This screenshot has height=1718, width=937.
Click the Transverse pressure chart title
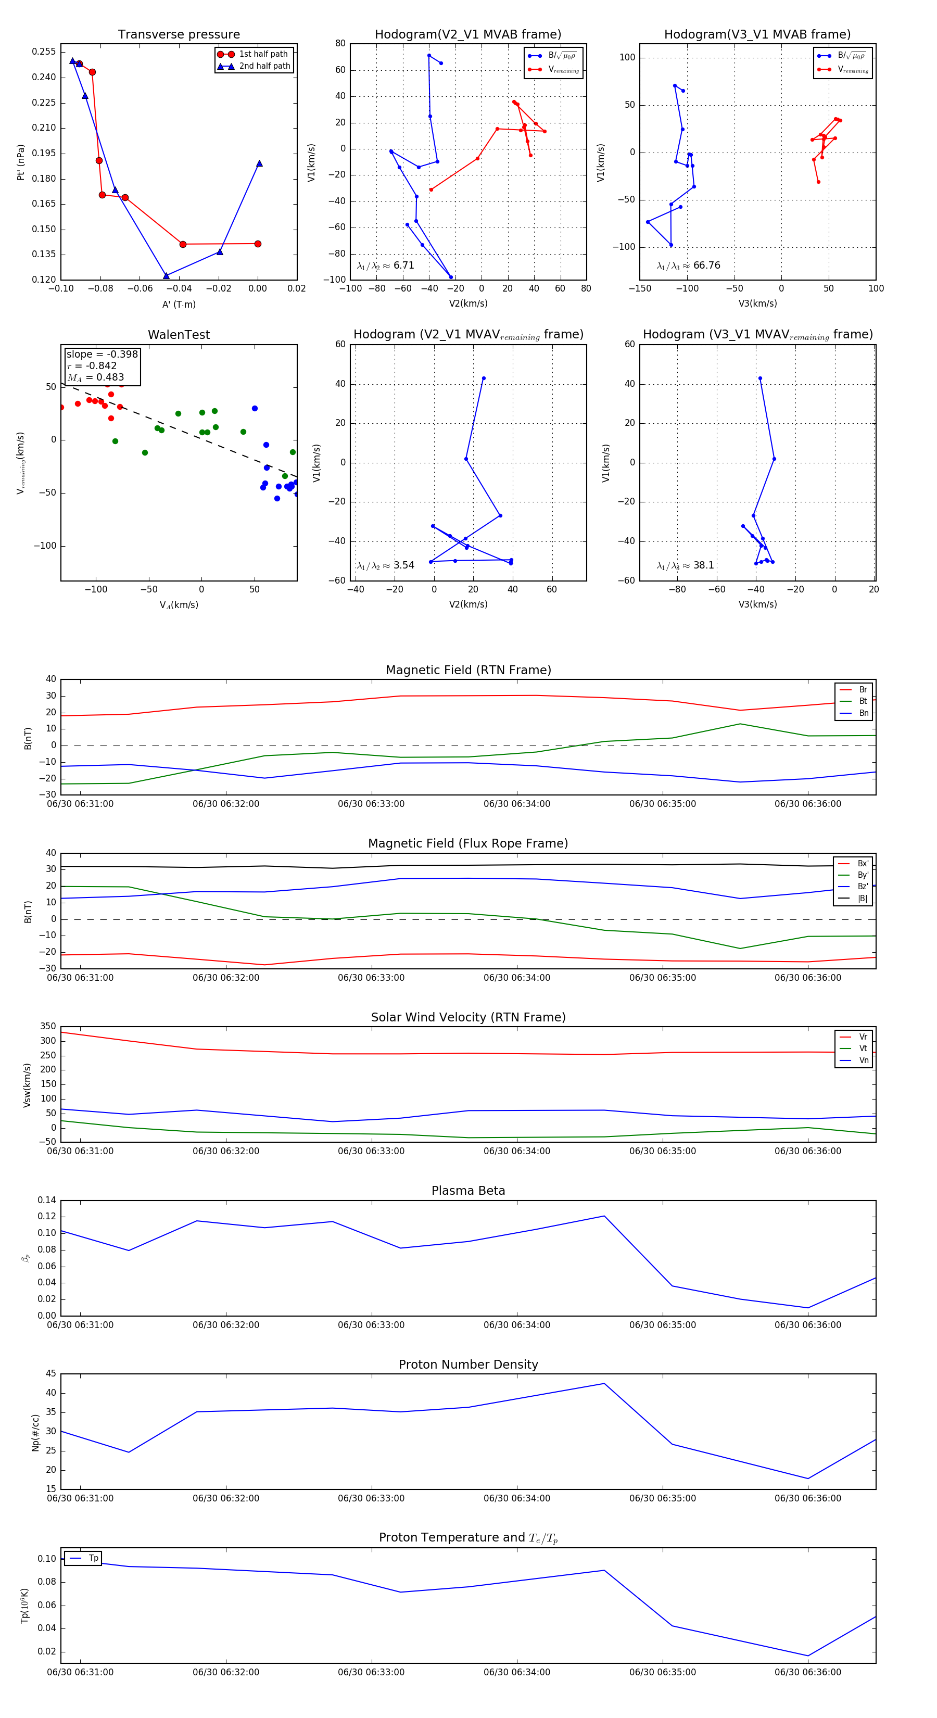(179, 35)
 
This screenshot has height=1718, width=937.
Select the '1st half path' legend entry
(263, 54)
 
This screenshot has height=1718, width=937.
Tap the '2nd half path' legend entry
(264, 66)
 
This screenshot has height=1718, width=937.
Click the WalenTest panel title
(179, 335)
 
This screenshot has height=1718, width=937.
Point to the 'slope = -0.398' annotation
(102, 354)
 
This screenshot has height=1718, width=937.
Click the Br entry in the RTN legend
(863, 690)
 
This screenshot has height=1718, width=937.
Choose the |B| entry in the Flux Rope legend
(863, 899)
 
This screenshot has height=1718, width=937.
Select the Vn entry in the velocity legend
(863, 1060)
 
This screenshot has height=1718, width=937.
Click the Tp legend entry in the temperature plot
(93, 1559)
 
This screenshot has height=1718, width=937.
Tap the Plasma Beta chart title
(468, 1191)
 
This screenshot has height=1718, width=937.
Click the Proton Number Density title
(468, 1365)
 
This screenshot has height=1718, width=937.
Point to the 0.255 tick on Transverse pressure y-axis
(44, 52)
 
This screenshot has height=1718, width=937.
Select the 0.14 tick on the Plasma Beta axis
(47, 1201)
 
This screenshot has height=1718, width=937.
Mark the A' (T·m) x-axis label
(179, 304)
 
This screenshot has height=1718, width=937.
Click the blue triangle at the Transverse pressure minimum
(166, 275)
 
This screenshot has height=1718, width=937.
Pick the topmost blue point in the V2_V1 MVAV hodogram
(484, 378)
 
